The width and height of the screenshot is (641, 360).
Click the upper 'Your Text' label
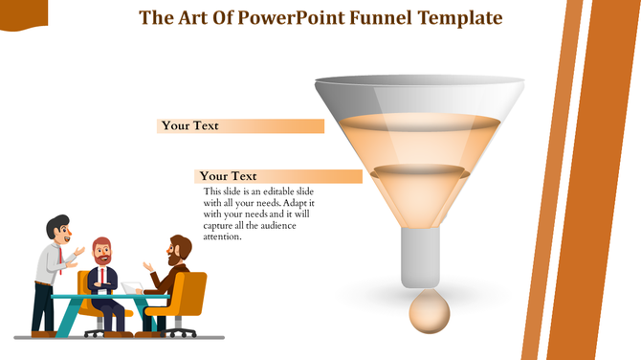[190, 125]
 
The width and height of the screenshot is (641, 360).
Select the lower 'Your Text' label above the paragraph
[229, 176]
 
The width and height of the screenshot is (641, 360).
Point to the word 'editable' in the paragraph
[281, 192]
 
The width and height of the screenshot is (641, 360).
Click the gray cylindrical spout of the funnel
[422, 258]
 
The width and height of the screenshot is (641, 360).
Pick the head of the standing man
[59, 229]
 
